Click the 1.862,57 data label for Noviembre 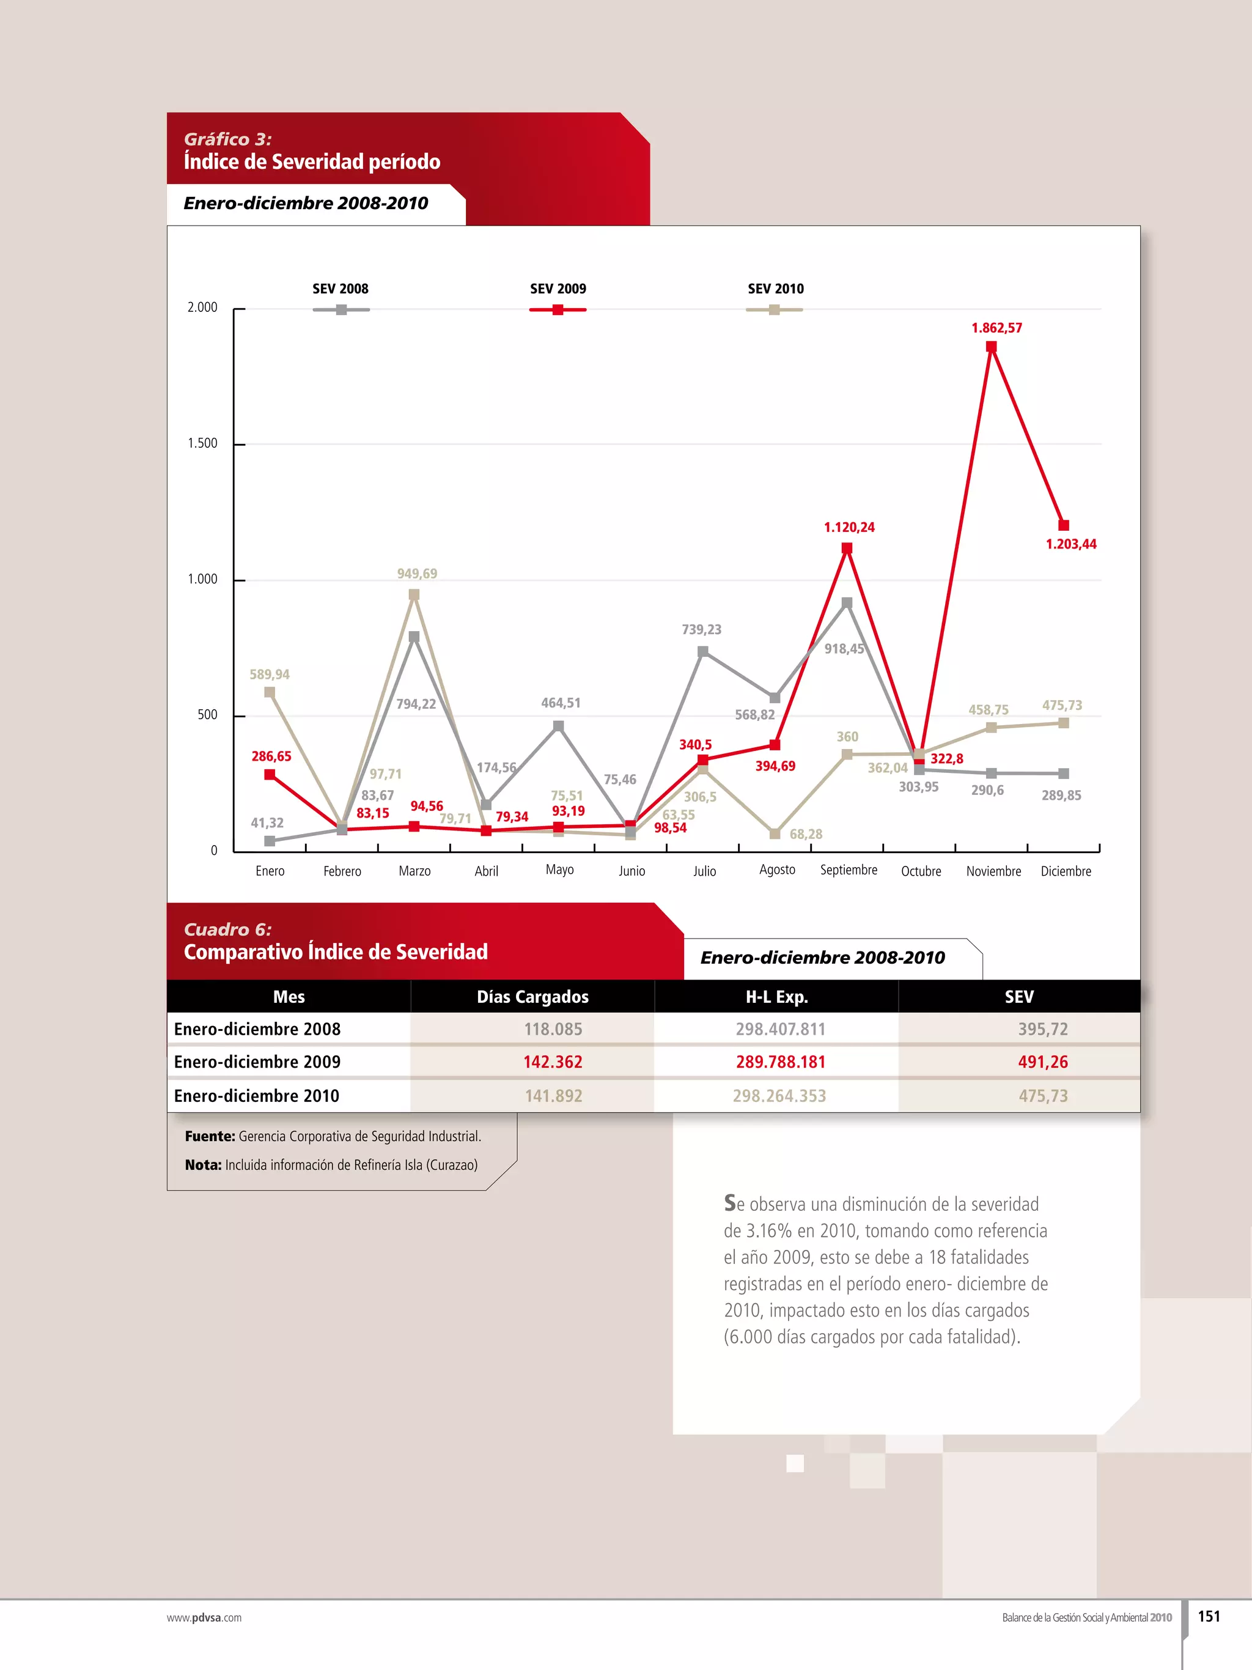[996, 328]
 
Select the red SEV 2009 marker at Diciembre [1063, 525]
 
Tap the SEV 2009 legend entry [558, 289]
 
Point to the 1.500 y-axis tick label [202, 443]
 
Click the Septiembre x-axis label [849, 870]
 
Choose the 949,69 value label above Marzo [416, 574]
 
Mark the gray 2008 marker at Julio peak [702, 651]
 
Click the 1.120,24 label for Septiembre [849, 527]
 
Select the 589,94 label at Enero [270, 674]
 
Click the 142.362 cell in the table [553, 1062]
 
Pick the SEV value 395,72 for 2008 [1042, 1029]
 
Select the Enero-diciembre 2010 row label [257, 1095]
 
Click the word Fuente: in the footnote [210, 1136]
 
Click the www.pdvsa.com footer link [204, 1618]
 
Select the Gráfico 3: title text [227, 139]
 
